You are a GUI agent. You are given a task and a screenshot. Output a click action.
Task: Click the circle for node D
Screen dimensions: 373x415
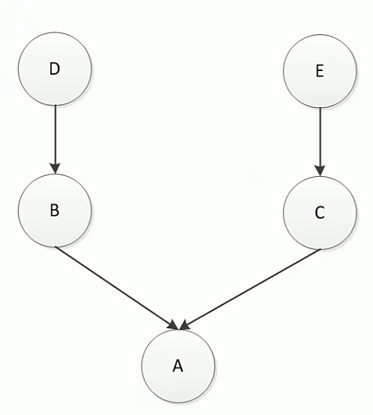point(55,69)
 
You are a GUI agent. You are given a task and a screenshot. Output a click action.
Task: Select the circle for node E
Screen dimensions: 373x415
point(320,71)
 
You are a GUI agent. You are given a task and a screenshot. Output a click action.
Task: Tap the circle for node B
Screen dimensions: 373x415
point(55,210)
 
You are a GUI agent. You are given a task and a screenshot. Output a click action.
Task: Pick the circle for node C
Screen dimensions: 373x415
point(320,212)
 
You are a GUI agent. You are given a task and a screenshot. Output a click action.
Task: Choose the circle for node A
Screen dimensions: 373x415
point(178,366)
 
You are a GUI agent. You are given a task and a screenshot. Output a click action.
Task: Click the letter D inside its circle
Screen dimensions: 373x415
point(55,69)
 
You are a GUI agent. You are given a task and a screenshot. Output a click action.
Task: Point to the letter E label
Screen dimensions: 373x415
point(320,71)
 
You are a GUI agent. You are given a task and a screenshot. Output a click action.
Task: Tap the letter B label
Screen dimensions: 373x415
point(55,210)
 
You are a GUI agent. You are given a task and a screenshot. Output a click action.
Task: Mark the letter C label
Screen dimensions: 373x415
point(320,212)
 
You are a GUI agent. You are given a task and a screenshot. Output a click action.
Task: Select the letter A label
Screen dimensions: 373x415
point(178,366)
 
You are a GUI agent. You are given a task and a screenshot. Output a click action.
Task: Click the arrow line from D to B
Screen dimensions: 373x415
point(55,139)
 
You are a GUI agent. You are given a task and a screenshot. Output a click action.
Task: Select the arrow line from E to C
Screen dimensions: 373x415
point(320,141)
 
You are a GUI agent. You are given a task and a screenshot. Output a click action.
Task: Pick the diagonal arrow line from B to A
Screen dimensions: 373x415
point(116,288)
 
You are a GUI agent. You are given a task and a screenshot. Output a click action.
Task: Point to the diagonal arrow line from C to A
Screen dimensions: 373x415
point(250,289)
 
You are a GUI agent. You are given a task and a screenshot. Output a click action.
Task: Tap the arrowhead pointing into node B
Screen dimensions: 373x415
point(55,168)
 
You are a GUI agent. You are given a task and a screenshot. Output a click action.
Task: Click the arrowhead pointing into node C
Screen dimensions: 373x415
point(320,171)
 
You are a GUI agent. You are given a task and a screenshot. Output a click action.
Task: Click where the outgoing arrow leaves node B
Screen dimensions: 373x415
point(55,247)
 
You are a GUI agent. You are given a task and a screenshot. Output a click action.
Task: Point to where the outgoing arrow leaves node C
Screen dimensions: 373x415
point(320,249)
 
